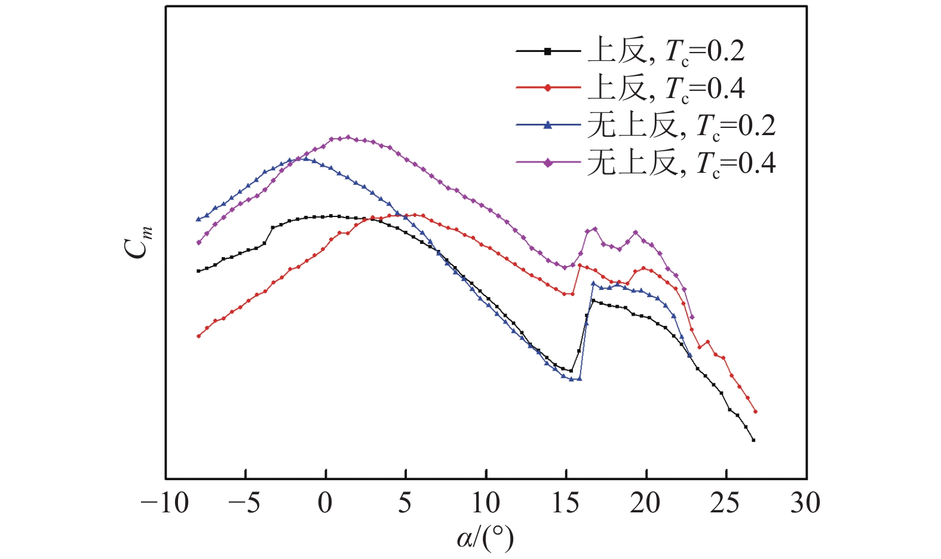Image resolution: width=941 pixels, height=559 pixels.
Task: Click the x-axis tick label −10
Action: point(164,503)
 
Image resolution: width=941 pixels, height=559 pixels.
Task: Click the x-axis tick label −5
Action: point(245,503)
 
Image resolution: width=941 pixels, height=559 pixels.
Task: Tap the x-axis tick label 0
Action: point(325,503)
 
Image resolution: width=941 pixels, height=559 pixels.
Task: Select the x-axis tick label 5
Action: point(405,503)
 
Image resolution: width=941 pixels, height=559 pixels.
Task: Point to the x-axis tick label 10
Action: point(485,503)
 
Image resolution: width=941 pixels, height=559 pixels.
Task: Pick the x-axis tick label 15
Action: point(565,503)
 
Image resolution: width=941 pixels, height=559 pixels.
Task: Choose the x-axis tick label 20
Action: point(645,503)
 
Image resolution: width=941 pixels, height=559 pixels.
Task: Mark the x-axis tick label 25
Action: point(725,503)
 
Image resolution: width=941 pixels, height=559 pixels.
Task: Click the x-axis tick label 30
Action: point(805,503)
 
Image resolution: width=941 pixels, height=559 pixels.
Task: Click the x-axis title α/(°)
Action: point(485,539)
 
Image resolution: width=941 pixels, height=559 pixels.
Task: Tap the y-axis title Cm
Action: point(139,242)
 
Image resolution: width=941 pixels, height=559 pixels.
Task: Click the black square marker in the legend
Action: point(548,51)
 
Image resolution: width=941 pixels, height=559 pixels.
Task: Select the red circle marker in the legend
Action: point(548,88)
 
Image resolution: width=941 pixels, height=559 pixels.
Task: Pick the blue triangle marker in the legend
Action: point(548,125)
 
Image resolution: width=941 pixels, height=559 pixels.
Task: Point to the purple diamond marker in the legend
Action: point(548,162)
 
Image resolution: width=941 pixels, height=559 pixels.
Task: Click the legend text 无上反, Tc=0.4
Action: point(681,162)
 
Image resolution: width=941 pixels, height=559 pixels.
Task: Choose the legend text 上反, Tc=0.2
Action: point(666,51)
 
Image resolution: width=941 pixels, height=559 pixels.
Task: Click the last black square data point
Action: point(753,440)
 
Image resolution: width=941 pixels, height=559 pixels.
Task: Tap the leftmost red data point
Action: point(199,336)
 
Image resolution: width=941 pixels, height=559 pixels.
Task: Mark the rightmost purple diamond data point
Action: point(692,317)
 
